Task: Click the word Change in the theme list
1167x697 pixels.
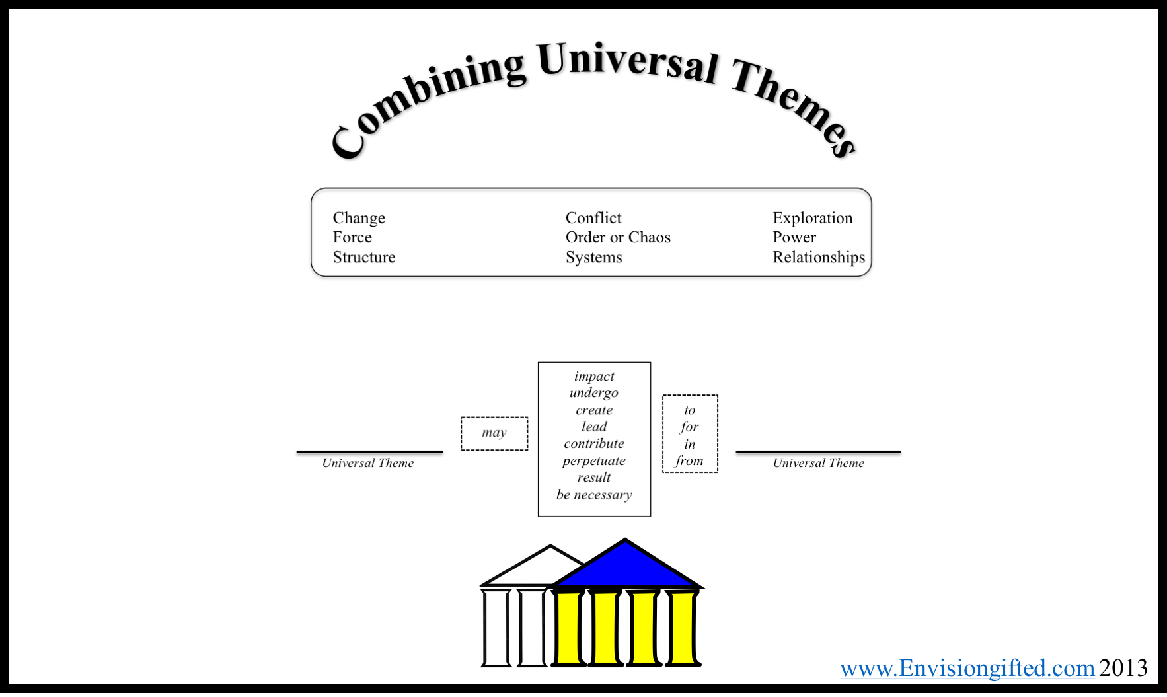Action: click(x=359, y=218)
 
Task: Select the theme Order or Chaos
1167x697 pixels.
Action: click(x=618, y=237)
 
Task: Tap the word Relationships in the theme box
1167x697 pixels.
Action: click(x=819, y=257)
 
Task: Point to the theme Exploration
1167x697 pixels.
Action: click(x=813, y=218)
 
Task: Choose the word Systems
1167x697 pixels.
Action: click(x=594, y=257)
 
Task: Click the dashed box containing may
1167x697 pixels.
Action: click(x=494, y=433)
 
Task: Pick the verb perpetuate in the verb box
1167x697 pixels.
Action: click(x=594, y=461)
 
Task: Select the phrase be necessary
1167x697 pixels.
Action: click(x=594, y=495)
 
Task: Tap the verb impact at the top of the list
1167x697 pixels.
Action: click(x=594, y=376)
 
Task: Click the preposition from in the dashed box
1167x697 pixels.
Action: click(x=689, y=460)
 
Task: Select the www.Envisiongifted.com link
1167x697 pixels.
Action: click(x=967, y=668)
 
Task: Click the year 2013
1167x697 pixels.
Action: click(x=1123, y=668)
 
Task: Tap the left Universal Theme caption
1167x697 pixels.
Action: click(x=368, y=463)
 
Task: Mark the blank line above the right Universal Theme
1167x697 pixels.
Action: click(x=818, y=452)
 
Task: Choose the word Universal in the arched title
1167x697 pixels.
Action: click(x=628, y=63)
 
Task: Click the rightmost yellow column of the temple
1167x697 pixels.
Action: click(x=683, y=628)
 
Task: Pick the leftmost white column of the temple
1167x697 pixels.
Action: click(x=496, y=628)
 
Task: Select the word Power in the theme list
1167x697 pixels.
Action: click(x=794, y=237)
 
